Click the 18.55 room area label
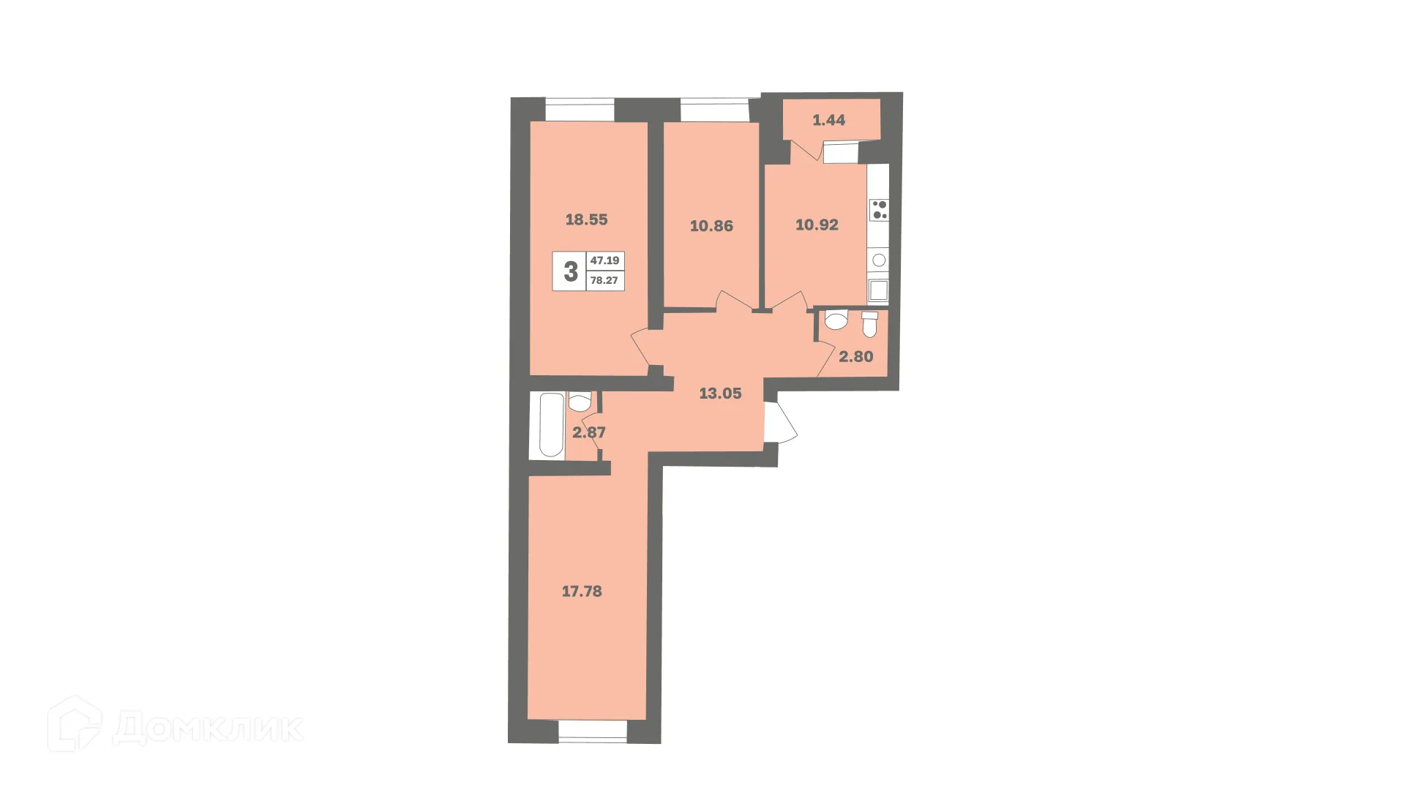point(586,219)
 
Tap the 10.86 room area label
point(711,226)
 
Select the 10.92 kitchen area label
point(817,225)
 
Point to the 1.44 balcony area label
point(828,120)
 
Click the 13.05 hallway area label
point(720,394)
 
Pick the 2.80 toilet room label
point(855,357)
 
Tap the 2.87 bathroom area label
point(588,432)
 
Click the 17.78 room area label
point(582,591)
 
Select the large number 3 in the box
point(570,271)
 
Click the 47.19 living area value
point(604,260)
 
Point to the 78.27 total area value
point(604,280)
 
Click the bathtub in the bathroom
point(551,425)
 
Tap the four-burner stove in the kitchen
point(879,210)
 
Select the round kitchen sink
point(879,260)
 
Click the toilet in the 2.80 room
point(869,324)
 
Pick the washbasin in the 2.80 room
point(836,320)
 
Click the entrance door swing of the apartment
point(780,421)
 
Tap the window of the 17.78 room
point(593,731)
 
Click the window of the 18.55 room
point(579,110)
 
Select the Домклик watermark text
point(209,728)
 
